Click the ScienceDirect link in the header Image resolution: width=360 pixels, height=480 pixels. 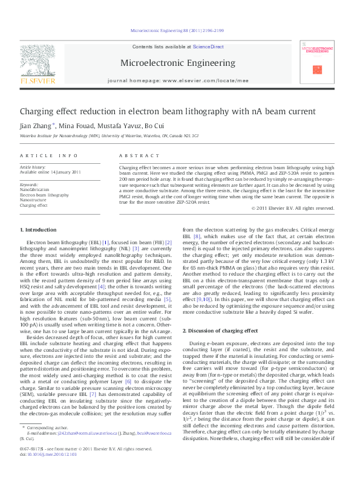(208, 47)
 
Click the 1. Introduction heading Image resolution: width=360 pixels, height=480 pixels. (39, 230)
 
